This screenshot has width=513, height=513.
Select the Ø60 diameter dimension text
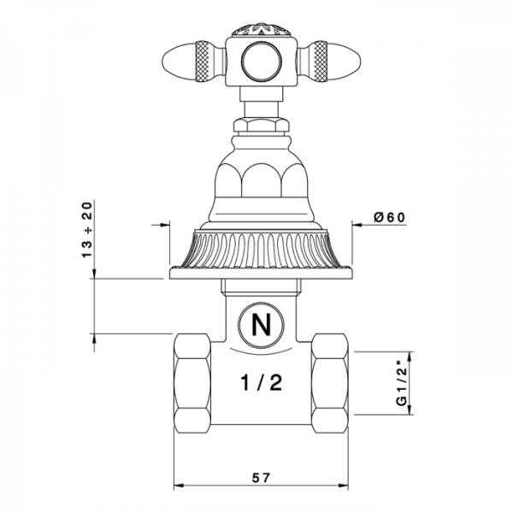390,217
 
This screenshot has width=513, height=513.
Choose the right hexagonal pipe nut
330,382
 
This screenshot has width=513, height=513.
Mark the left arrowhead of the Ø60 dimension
162,226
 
